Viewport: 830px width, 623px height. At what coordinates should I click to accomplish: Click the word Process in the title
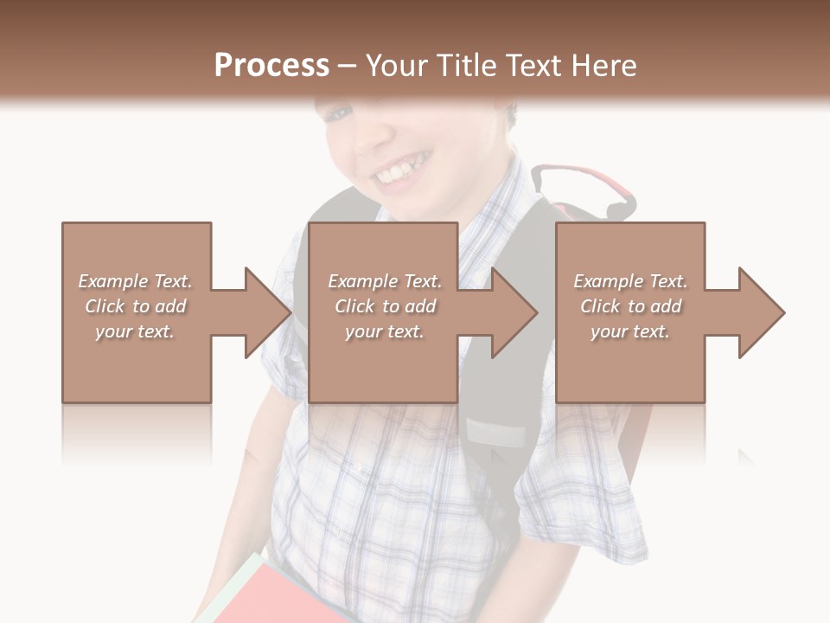(271, 66)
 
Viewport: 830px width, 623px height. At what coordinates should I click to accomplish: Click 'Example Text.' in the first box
(135, 281)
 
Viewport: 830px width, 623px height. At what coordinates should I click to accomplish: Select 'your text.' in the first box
(135, 331)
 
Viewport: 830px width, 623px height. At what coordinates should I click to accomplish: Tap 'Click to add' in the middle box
(385, 306)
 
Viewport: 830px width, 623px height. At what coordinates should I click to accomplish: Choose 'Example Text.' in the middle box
(385, 281)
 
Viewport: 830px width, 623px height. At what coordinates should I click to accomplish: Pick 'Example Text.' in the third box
(630, 281)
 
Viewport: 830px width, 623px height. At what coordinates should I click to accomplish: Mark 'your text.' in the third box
(630, 331)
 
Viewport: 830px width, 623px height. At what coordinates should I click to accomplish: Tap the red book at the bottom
(277, 597)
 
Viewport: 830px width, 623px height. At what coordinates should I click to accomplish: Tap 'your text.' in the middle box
(385, 331)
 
